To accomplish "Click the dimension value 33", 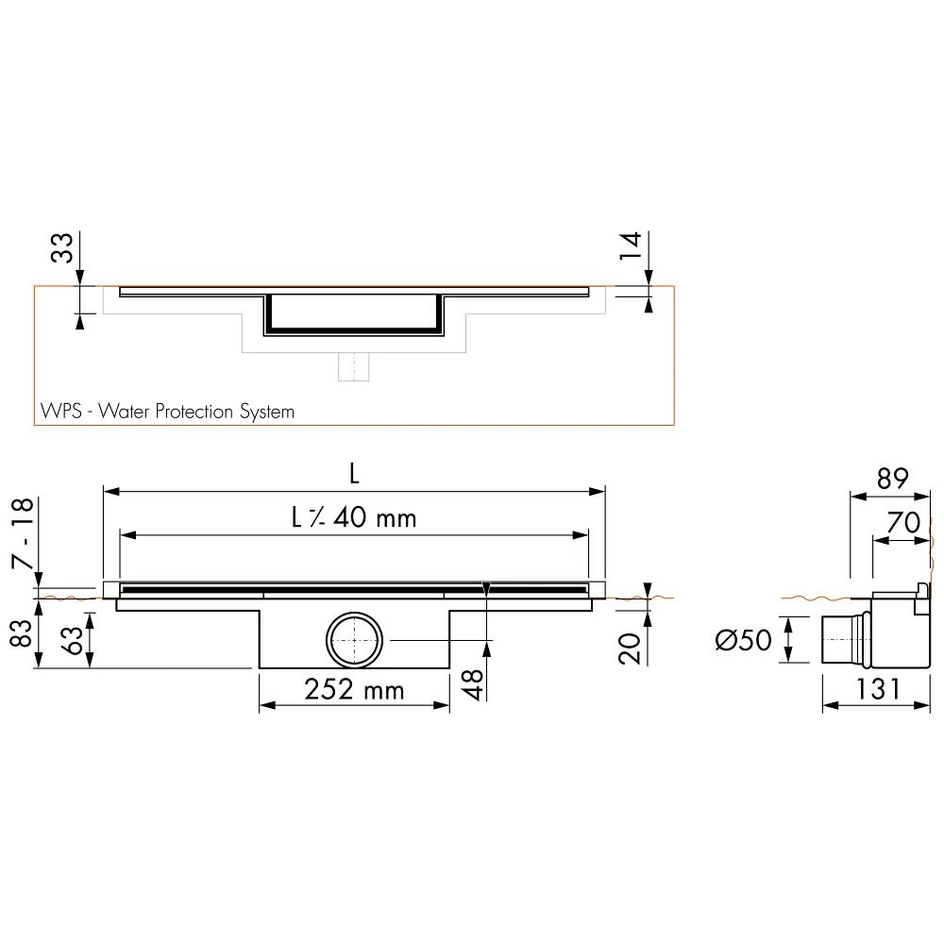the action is coord(62,247).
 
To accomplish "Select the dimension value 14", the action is coord(632,245).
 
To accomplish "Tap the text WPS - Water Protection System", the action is coord(167,412).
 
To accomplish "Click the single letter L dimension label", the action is coord(355,475).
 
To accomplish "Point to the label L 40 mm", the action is coord(354,517).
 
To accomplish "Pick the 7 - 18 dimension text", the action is coord(23,532).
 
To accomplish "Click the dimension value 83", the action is coord(22,632).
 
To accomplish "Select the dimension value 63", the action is coord(73,640).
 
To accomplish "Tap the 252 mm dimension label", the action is coord(354,690).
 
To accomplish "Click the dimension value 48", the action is coord(474,684).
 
